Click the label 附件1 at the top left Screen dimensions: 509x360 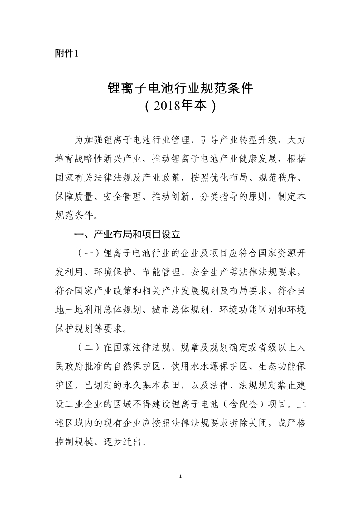[66, 54]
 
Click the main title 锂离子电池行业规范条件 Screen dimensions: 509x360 [180, 88]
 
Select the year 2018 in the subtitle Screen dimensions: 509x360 [167, 107]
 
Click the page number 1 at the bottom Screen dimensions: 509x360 [181, 476]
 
